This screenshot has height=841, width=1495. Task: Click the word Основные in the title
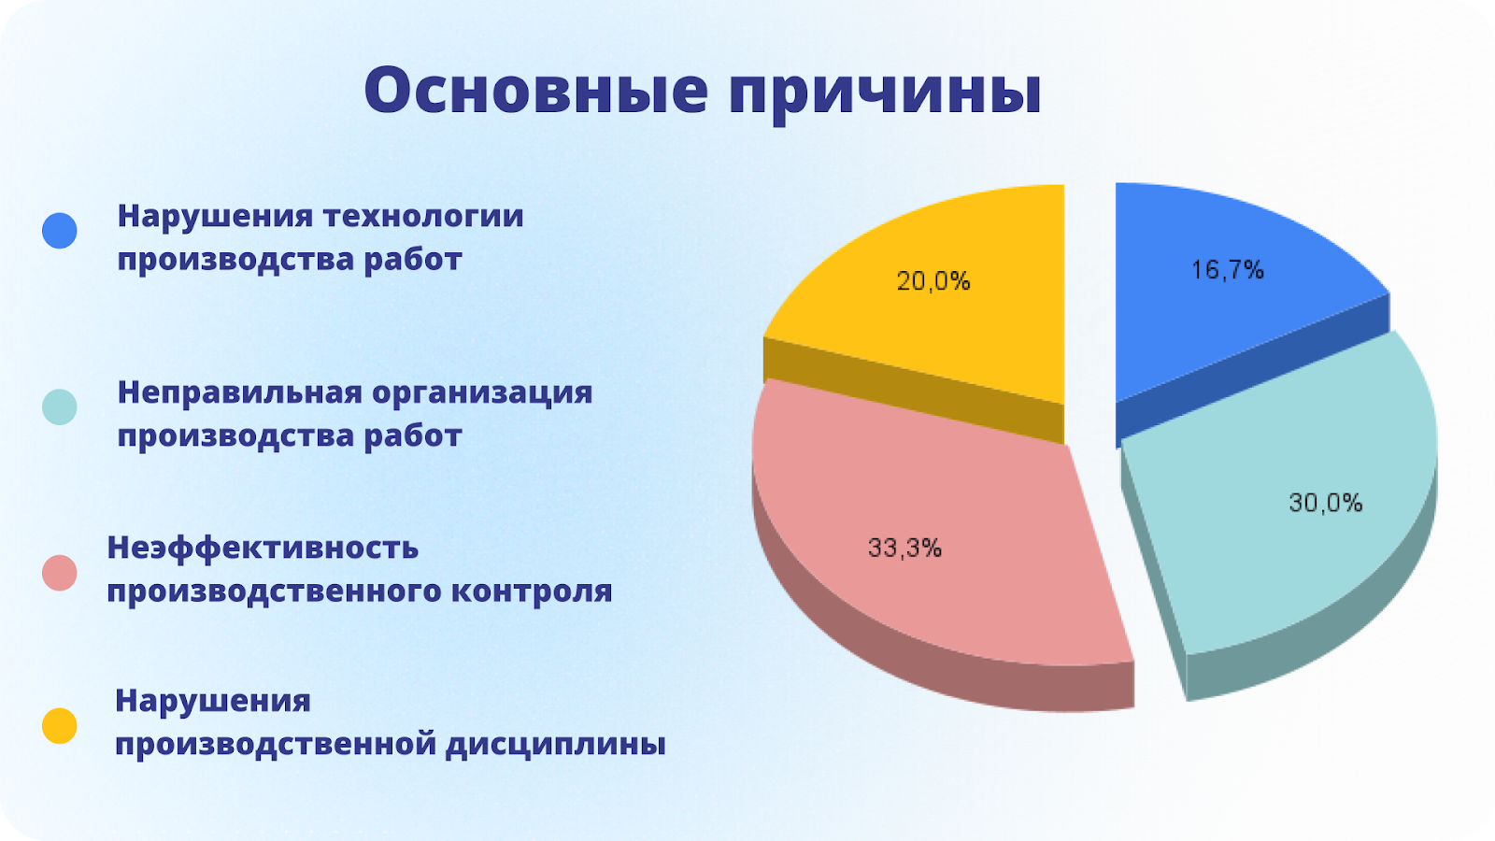(x=536, y=90)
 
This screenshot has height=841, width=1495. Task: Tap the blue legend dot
(x=60, y=231)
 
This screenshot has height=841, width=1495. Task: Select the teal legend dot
(x=60, y=407)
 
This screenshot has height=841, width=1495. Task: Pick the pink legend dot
(x=60, y=573)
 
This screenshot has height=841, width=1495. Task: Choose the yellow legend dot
(x=60, y=725)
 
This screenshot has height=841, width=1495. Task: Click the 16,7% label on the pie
(x=1228, y=270)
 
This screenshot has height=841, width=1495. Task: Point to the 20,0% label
(x=933, y=281)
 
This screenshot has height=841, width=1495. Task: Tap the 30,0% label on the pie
(x=1326, y=503)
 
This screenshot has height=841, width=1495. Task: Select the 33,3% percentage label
(x=904, y=548)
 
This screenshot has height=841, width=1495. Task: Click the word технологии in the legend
(x=424, y=216)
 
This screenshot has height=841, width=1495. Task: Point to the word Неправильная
(x=239, y=392)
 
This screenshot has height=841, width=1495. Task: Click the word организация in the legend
(x=482, y=393)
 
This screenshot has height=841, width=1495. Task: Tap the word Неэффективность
(x=263, y=548)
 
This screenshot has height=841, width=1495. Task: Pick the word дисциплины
(x=556, y=745)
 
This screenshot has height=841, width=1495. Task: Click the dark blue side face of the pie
(x=1252, y=370)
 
